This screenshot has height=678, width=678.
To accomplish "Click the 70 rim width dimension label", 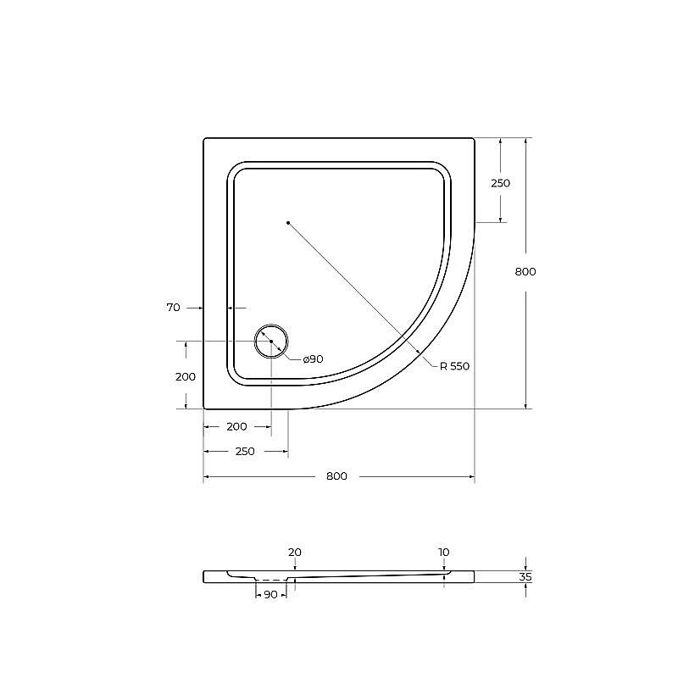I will click(173, 308).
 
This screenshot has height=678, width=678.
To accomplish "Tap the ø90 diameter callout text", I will click(313, 359).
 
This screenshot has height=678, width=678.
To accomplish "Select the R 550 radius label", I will click(454, 366).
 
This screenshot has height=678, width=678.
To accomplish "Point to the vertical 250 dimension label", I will click(501, 183).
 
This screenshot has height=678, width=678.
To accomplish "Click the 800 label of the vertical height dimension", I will click(525, 272).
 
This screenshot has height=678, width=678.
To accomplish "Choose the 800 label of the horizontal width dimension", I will click(336, 476).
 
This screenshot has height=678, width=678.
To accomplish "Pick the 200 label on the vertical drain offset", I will click(186, 377).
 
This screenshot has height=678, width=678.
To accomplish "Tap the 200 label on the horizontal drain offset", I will click(236, 426).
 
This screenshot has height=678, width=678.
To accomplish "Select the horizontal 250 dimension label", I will click(244, 452).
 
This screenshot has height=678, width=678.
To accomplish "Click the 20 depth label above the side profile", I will click(294, 553).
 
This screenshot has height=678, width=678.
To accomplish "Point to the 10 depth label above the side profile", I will click(443, 553).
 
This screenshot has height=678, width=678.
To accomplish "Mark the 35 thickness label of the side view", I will click(525, 577).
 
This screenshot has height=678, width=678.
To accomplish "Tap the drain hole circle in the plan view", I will click(271, 341).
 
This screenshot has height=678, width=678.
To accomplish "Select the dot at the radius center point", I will click(288, 222).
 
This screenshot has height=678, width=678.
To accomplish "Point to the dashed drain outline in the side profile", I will click(271, 583).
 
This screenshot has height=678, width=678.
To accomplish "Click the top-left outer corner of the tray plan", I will click(205, 139).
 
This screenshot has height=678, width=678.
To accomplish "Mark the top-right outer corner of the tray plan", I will click(474, 139).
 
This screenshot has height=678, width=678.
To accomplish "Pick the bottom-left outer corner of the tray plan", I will click(205, 408).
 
